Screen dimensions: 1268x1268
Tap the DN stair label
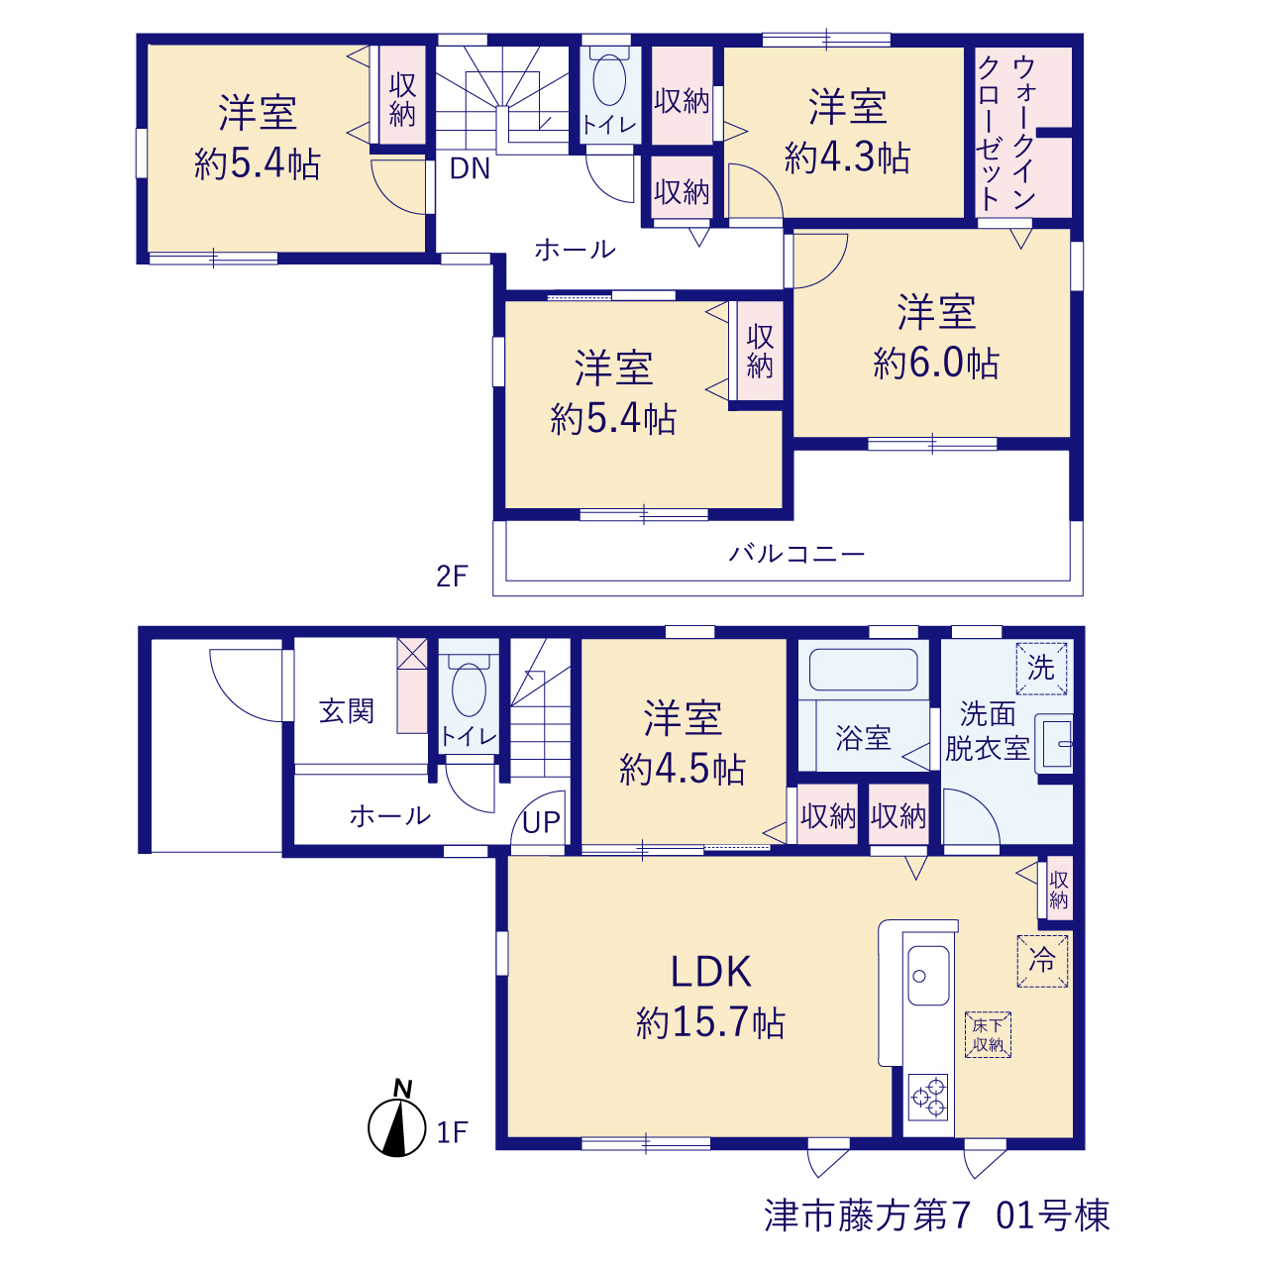[470, 169]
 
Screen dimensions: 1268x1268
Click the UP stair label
[541, 822]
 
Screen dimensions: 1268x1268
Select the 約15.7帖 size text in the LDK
[710, 1023]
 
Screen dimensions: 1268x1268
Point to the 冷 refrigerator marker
[1042, 961]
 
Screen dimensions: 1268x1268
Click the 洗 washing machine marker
[1041, 669]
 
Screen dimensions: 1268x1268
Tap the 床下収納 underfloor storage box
[988, 1034]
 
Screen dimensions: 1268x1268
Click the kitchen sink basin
[928, 976]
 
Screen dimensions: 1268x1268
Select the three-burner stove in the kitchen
[928, 1097]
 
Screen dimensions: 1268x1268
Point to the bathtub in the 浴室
[863, 670]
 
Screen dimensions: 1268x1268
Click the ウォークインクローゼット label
[1006, 133]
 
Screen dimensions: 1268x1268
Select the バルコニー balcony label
[796, 554]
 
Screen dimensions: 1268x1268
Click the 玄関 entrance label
[346, 711]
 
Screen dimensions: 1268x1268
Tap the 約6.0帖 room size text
[936, 363]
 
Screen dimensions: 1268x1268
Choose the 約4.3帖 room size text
[847, 158]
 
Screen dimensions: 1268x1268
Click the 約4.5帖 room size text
[682, 769]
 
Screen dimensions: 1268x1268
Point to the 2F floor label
[452, 577]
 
